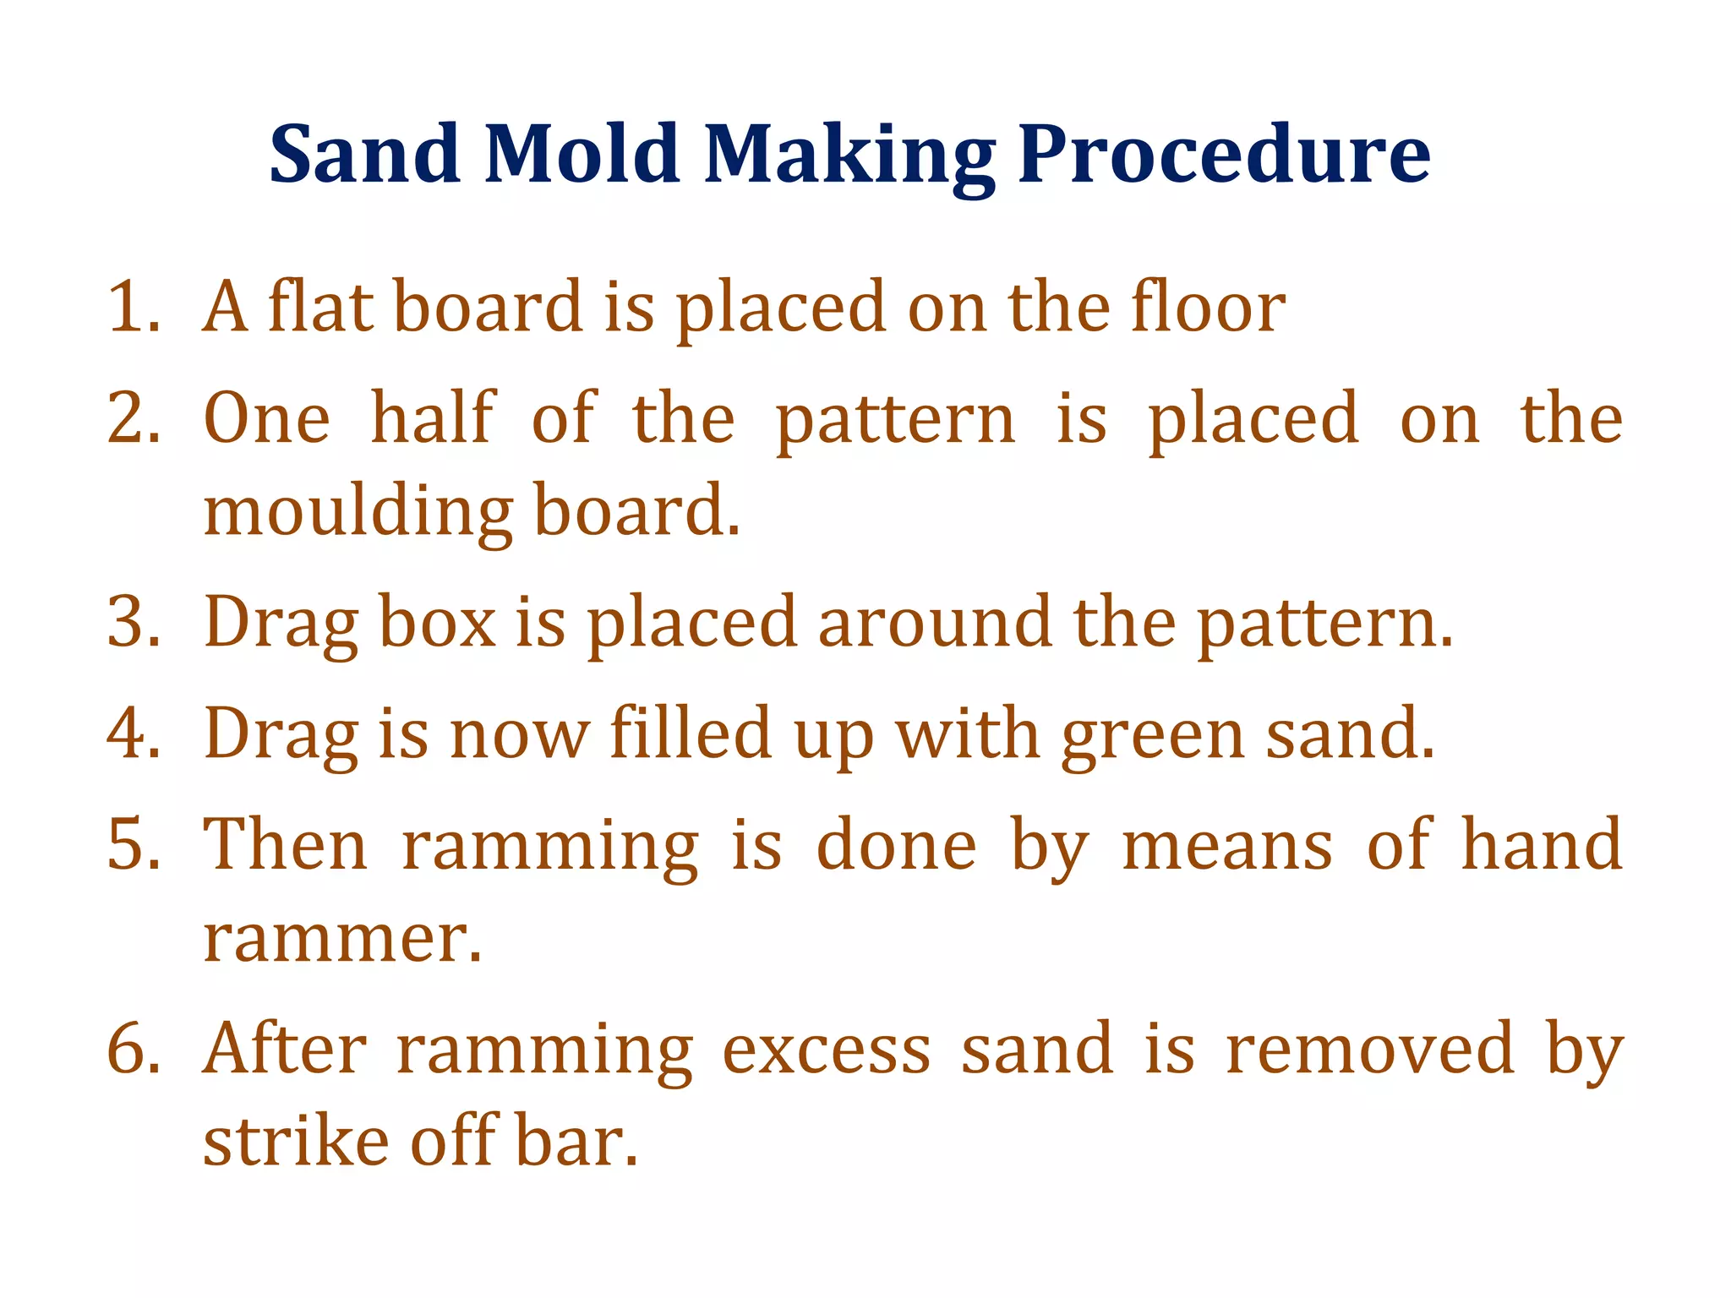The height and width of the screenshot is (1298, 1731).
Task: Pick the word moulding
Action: pos(358,514)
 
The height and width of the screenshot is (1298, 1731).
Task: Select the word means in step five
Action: pos(1226,845)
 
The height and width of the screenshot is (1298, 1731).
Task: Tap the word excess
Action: pos(827,1050)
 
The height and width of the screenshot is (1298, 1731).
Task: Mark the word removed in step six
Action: pos(1370,1050)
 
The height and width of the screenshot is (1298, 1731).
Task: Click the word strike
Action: pos(296,1143)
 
